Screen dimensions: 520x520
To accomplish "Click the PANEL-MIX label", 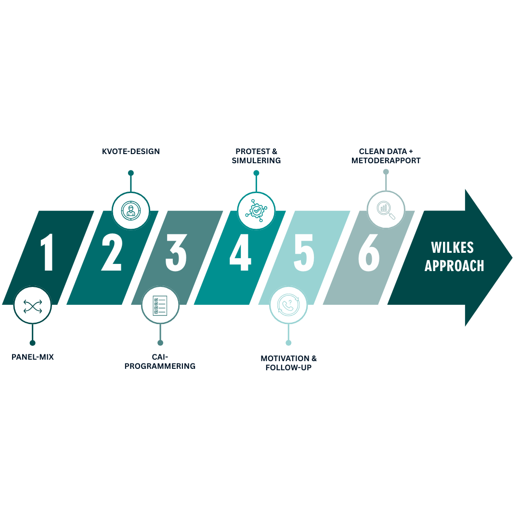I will pyautogui.click(x=33, y=358).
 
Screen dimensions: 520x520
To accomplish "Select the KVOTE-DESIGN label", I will pyautogui.click(x=131, y=152).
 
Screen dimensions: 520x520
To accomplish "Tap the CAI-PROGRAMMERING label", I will pyautogui.click(x=160, y=362).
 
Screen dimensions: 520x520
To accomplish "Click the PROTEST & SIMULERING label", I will pyautogui.click(x=256, y=156).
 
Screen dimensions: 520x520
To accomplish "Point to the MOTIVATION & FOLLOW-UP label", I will pyautogui.click(x=288, y=363).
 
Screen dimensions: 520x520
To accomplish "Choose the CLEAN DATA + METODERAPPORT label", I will pyautogui.click(x=386, y=156).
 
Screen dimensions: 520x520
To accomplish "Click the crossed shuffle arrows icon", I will pyautogui.click(x=32, y=305).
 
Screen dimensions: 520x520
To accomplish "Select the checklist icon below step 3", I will pyautogui.click(x=160, y=305).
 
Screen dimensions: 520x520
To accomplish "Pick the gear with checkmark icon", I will pyautogui.click(x=256, y=210).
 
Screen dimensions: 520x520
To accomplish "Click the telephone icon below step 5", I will pyautogui.click(x=288, y=305).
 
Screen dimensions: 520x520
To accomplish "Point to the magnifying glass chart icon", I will pyautogui.click(x=386, y=209).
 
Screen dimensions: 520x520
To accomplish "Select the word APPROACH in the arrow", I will pyautogui.click(x=454, y=266).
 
